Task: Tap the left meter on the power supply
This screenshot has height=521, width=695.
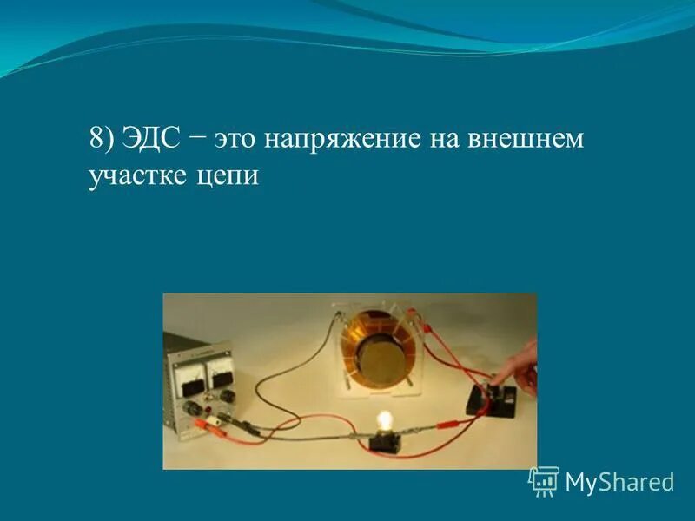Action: click(188, 379)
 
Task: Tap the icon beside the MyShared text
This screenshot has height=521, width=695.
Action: click(544, 480)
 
